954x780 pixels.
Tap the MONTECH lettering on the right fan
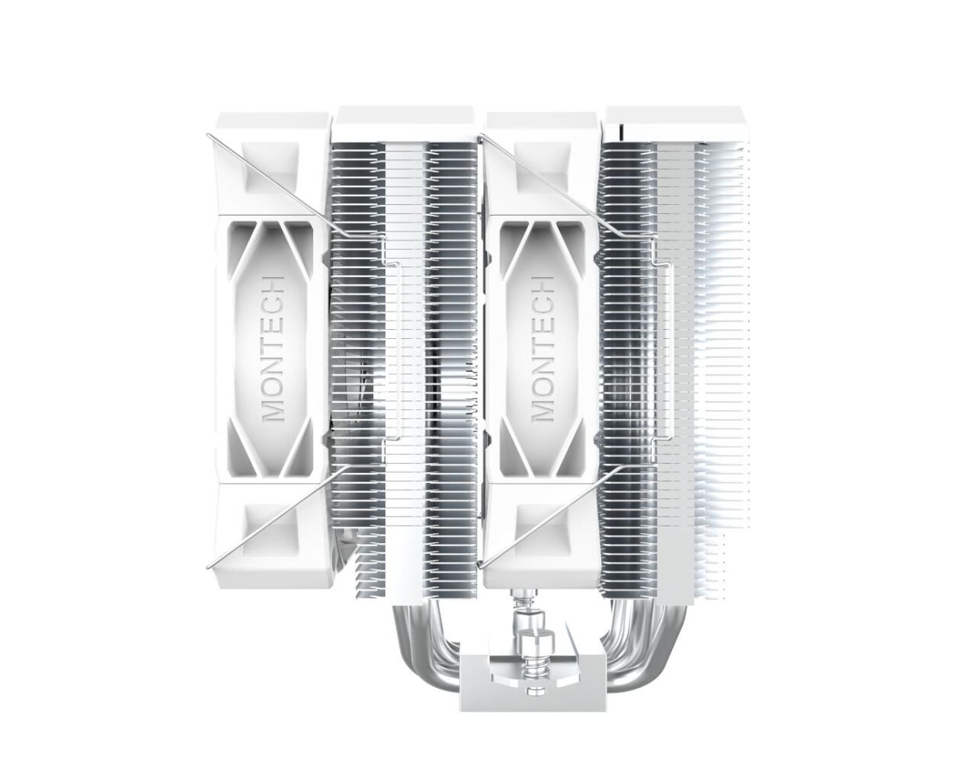pyautogui.click(x=543, y=348)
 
